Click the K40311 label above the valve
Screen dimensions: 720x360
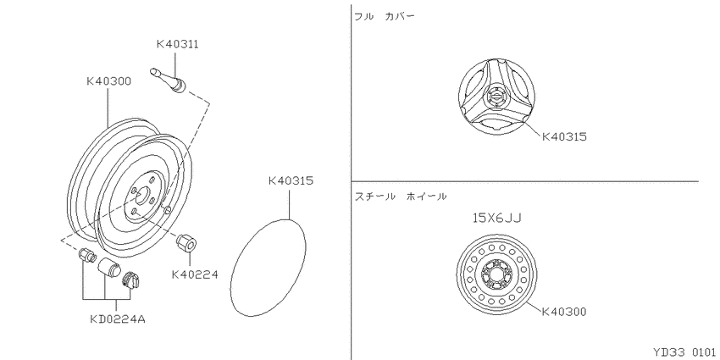point(177,44)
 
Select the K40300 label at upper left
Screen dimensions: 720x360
point(108,81)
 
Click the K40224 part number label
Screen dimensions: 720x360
point(195,274)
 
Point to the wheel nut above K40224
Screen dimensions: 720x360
point(187,242)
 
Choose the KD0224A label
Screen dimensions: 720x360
point(118,318)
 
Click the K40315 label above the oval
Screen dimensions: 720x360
point(291,181)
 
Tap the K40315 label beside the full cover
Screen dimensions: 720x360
point(564,137)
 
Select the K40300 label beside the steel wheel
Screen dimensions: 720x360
point(564,312)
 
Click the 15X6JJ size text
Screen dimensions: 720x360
point(497,218)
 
